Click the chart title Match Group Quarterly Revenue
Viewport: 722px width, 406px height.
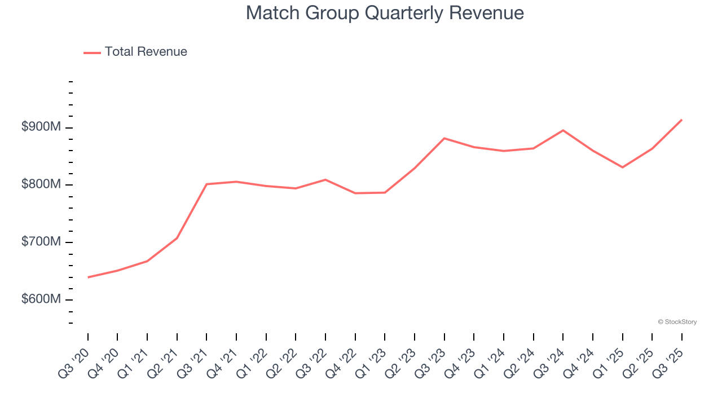(x=385, y=13)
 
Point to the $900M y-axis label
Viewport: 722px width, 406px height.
(x=41, y=127)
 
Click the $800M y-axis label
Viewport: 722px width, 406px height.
(x=41, y=185)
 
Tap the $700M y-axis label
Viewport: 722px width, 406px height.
(x=41, y=242)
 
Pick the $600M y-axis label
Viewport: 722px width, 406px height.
(x=41, y=299)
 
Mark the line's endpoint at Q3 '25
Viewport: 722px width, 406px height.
(x=681, y=120)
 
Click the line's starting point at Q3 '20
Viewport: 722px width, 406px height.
(x=88, y=277)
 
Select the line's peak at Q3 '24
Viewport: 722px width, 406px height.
(x=563, y=130)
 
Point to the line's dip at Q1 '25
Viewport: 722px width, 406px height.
(x=622, y=167)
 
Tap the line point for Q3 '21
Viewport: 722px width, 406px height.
(x=206, y=184)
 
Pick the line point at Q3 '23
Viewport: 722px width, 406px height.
(x=444, y=138)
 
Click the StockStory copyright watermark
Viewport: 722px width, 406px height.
(x=677, y=322)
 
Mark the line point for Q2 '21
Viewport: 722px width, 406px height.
(x=177, y=238)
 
